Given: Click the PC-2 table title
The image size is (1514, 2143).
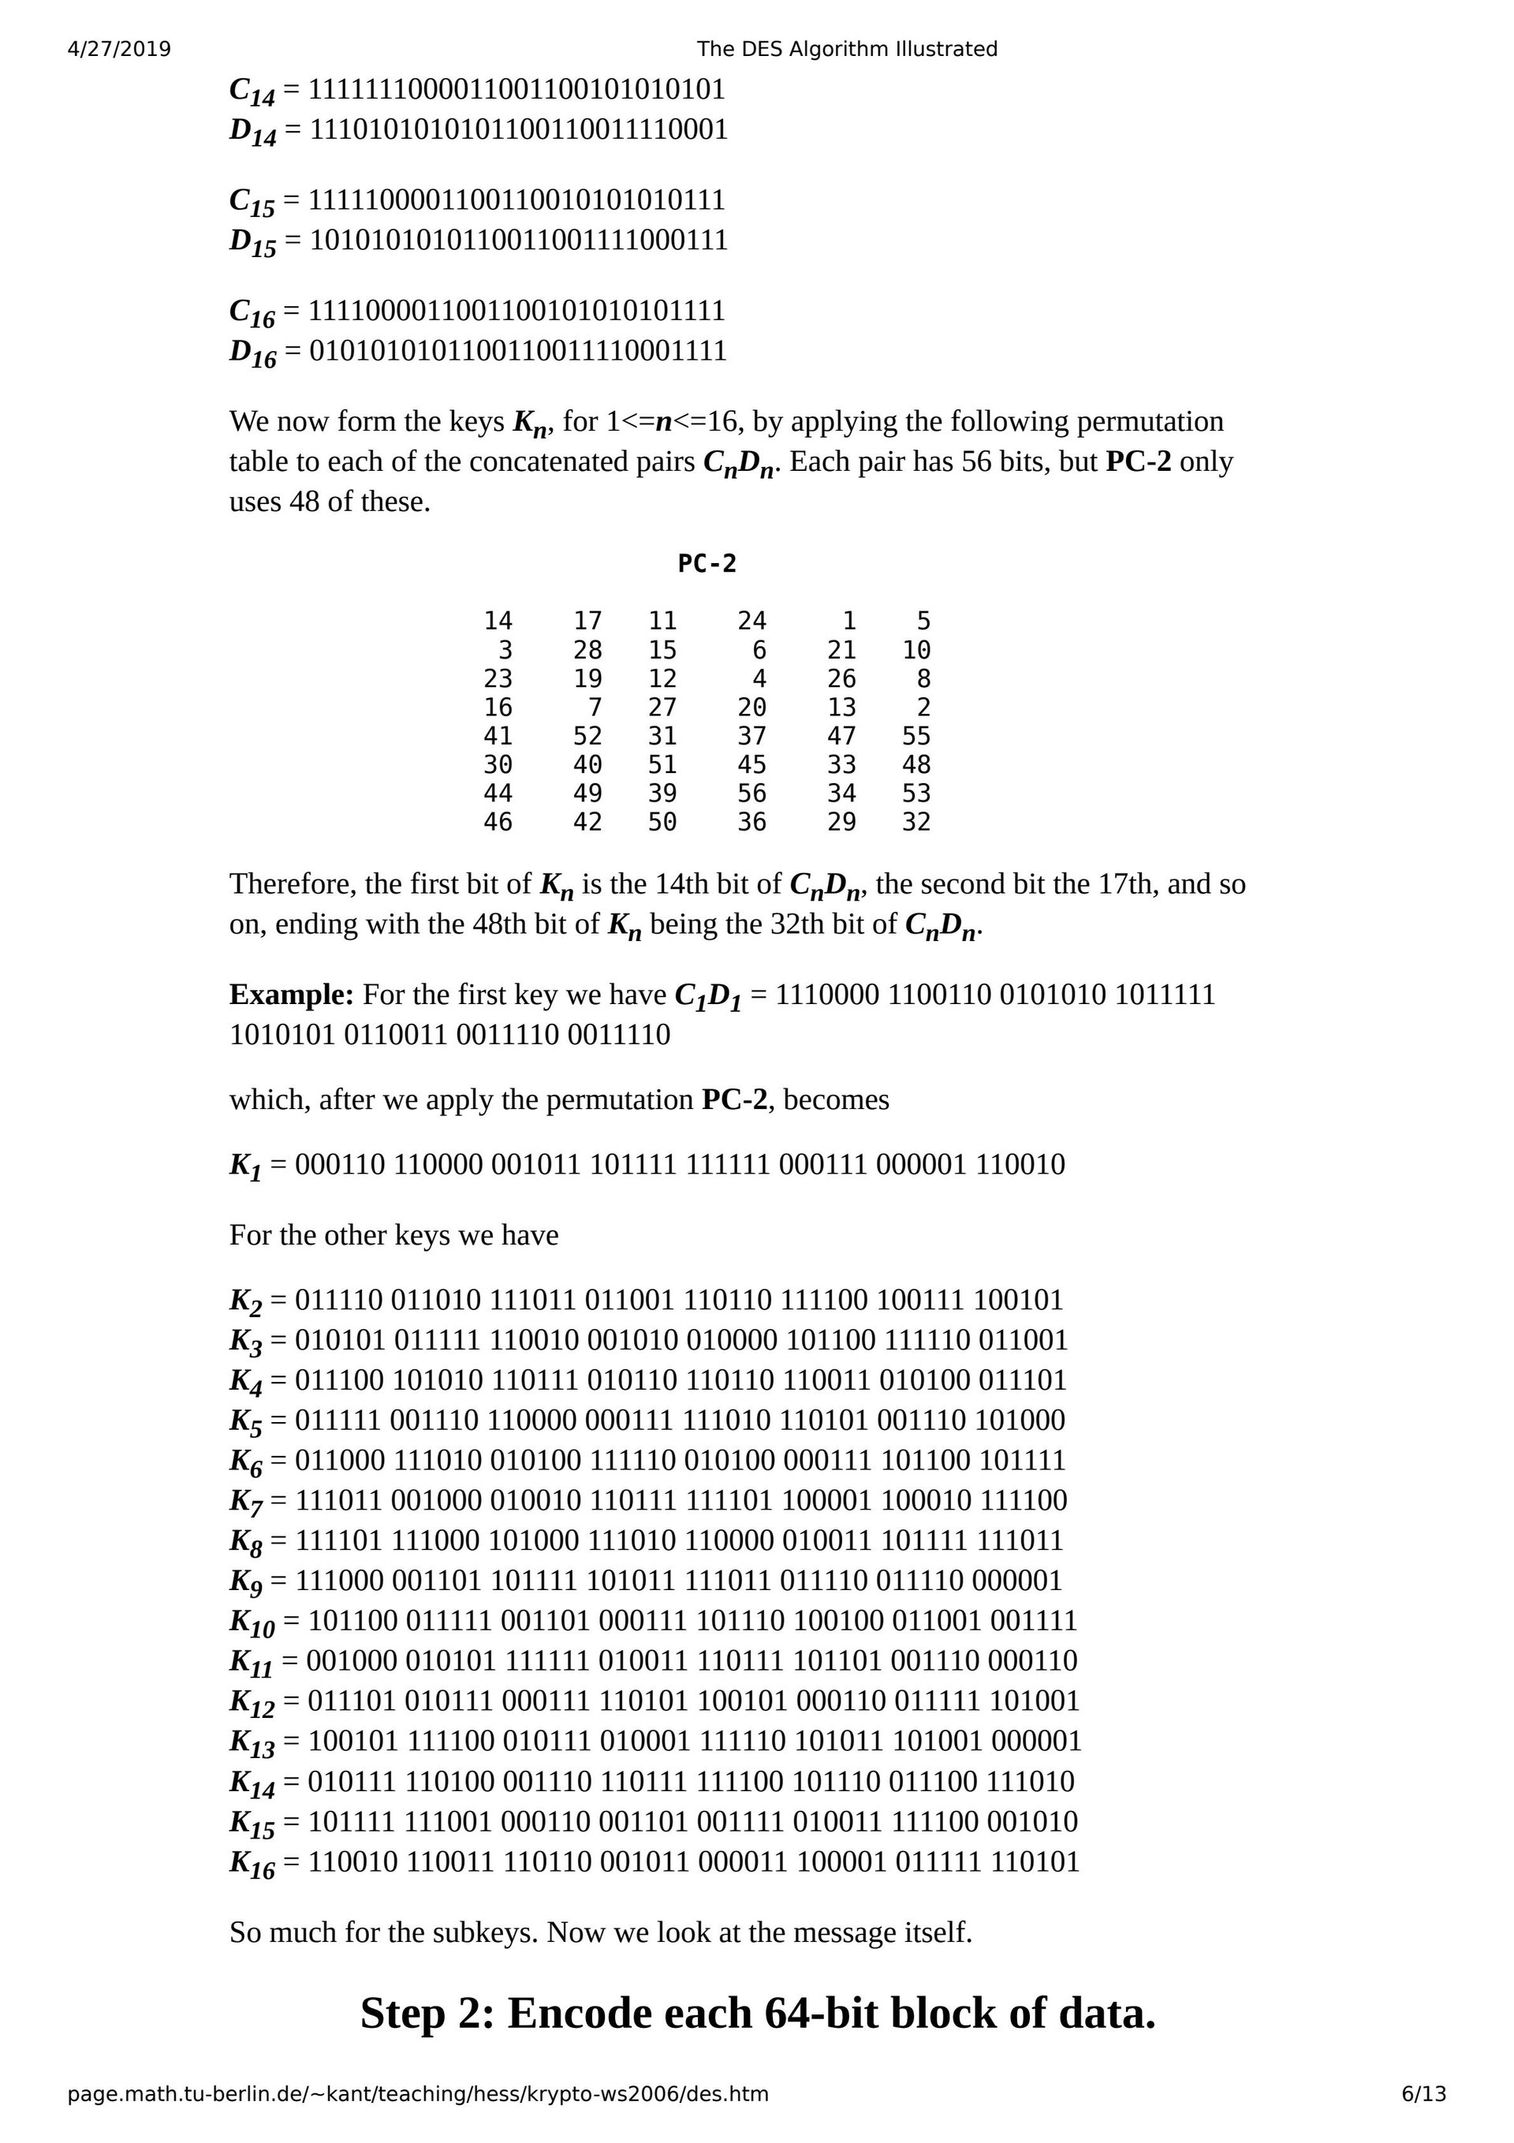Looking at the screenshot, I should point(707,563).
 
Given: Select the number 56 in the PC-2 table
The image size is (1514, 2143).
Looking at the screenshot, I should point(751,793).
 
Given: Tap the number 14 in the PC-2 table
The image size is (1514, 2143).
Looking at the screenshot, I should point(498,621).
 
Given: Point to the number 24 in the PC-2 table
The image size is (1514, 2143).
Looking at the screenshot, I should point(751,621).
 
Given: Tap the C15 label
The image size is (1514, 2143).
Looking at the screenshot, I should point(252,203).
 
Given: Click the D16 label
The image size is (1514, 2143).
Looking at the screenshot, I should point(253,353).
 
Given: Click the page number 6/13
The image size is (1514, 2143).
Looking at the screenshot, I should point(1423,2093).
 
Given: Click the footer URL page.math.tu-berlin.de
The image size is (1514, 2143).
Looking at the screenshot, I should point(417,2093).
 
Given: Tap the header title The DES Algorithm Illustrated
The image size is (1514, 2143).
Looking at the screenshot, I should point(847,49).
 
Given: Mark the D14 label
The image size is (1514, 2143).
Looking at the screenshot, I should point(253,132).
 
